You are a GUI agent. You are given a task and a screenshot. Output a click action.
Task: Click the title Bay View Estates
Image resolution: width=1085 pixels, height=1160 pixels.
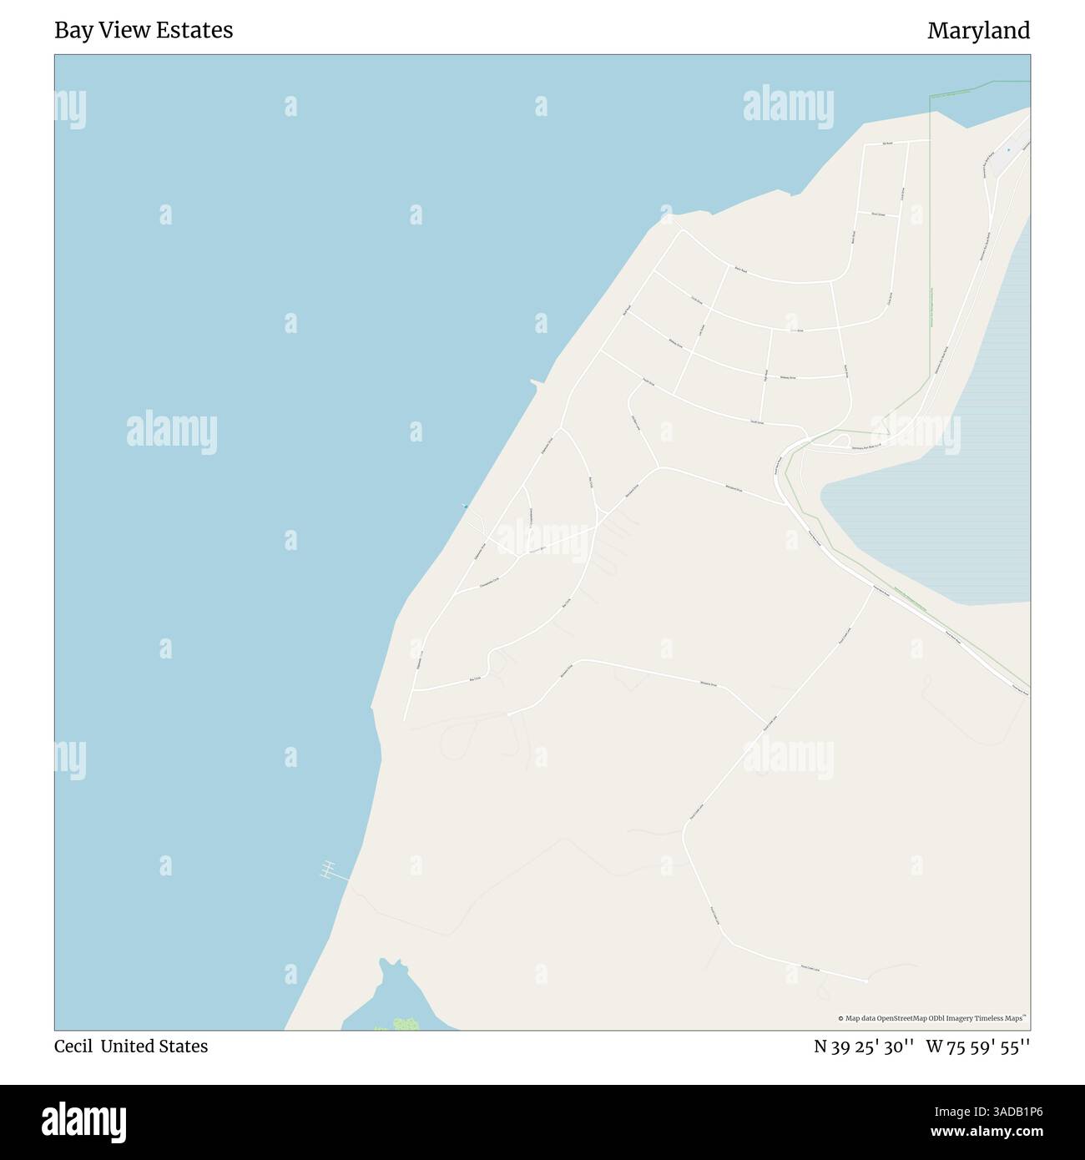point(144,31)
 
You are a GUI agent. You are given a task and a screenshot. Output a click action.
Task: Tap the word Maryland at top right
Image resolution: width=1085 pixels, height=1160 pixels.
point(978,31)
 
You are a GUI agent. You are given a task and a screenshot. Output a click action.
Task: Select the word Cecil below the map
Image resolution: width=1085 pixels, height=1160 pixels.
point(73,1046)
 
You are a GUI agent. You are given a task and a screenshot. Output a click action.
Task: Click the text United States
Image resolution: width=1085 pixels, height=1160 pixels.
point(154,1046)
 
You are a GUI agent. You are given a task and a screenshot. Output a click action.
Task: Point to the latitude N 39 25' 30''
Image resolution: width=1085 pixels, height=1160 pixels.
point(864,1046)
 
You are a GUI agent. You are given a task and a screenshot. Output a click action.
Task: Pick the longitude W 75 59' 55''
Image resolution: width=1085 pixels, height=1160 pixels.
point(977,1046)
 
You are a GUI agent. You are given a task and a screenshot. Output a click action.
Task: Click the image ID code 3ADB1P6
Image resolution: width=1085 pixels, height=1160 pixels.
point(993,1112)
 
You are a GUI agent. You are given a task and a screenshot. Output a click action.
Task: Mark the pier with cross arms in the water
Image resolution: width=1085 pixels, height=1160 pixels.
point(329,870)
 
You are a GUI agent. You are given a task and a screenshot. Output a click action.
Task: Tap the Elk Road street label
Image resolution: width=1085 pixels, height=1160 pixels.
point(888,144)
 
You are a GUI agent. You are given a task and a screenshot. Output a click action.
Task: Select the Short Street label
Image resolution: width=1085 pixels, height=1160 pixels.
point(877,214)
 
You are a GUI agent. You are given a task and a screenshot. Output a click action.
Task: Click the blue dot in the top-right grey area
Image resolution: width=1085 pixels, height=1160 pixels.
point(1008,150)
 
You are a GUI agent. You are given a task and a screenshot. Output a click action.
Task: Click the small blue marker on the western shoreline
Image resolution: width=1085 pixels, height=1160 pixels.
point(465,506)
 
